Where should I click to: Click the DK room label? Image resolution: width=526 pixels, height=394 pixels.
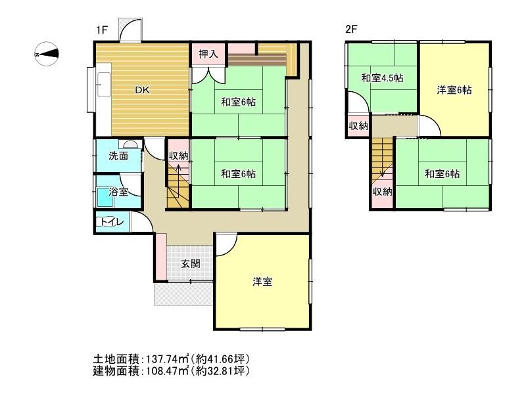point(143,91)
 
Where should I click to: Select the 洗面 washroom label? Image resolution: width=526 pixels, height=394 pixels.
point(118,156)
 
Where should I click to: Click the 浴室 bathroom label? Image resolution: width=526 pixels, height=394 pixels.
point(118,192)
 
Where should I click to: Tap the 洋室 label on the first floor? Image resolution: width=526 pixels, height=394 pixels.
point(262,282)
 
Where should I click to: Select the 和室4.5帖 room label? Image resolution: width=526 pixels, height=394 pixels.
point(382,78)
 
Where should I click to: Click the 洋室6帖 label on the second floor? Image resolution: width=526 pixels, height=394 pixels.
point(454,91)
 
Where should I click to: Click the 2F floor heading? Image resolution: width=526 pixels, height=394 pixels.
point(351,30)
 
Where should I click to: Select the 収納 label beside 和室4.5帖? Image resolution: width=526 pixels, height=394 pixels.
point(358,125)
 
